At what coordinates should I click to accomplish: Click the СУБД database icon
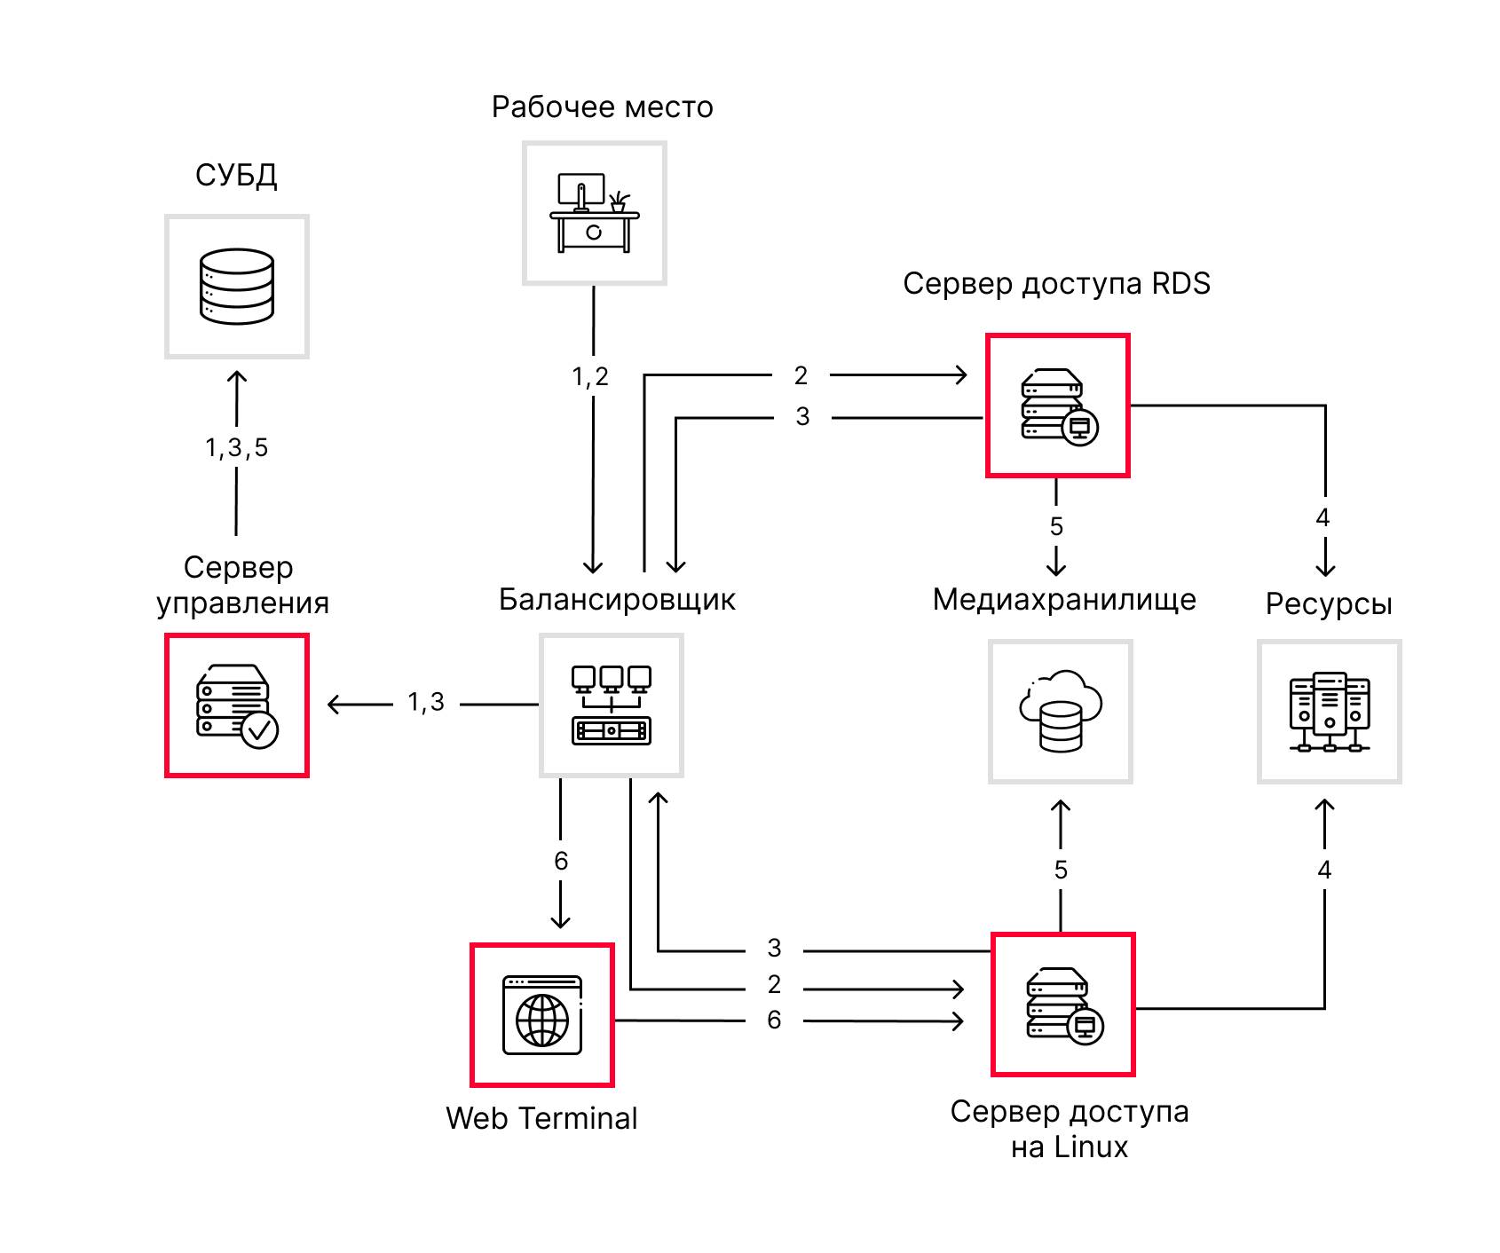point(237,286)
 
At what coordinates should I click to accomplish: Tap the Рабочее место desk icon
point(595,213)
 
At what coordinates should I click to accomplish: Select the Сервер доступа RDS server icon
point(1059,406)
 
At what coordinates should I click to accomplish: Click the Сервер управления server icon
point(237,705)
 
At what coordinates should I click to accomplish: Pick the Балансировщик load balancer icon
point(612,705)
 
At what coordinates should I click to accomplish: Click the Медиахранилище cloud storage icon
point(1061,711)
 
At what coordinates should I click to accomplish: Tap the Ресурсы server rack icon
point(1330,712)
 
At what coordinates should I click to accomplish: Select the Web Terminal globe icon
point(542,1015)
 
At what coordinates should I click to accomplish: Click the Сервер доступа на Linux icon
point(1064,1005)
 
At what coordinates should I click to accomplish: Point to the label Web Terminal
point(541,1118)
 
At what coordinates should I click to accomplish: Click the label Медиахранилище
point(1064,600)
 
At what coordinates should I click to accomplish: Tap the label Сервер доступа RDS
point(1056,284)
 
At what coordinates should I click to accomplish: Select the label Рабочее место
point(603,107)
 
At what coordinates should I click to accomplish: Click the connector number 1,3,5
point(236,448)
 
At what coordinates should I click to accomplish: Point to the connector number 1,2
point(590,377)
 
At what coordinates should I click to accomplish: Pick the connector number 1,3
point(426,703)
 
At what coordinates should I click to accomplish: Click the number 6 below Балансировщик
point(561,861)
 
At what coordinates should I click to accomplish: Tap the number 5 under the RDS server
point(1056,526)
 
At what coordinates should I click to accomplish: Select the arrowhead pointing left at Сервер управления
point(334,705)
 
